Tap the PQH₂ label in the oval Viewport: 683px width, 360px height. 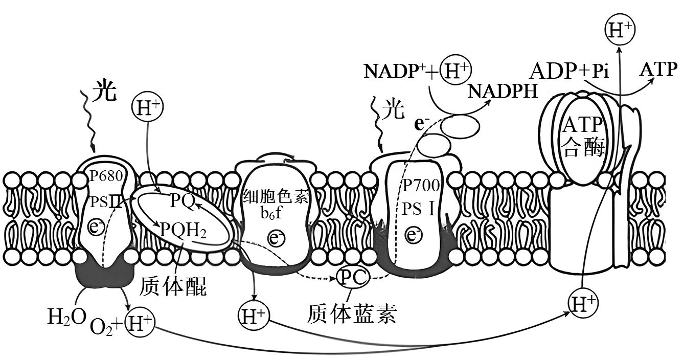183,230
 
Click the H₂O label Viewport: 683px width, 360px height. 67,317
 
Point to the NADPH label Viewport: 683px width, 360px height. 503,91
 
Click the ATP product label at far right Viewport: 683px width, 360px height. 658,70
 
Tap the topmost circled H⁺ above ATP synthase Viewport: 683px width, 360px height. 620,31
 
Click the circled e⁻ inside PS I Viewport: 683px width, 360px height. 413,235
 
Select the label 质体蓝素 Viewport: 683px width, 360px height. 352,313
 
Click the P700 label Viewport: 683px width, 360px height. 420,185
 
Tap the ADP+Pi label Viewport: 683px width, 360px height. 569,71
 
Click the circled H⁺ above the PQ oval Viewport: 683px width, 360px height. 147,106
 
